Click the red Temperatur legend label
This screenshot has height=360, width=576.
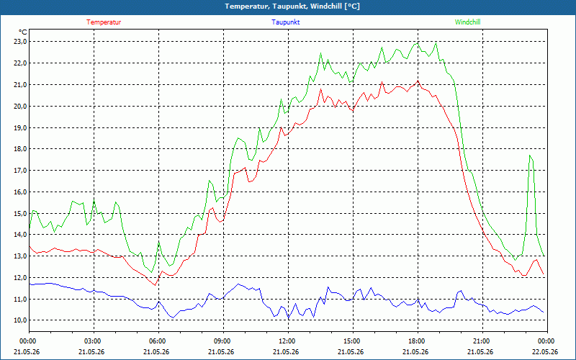104,22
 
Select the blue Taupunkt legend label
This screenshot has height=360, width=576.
285,22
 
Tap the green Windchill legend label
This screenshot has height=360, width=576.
467,22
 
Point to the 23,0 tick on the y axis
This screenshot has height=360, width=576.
20,42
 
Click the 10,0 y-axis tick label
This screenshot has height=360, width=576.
20,320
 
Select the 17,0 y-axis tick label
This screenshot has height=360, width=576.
20,171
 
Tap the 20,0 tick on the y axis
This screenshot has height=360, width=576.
20,106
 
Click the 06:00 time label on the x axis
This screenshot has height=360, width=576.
158,341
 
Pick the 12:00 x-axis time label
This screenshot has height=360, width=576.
289,341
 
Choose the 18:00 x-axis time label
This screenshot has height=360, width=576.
418,341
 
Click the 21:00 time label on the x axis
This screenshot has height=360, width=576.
482,341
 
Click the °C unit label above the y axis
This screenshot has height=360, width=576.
23,32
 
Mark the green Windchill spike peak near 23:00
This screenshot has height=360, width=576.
530,156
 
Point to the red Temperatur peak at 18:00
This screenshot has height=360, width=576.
418,81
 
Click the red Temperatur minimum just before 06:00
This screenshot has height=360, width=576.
156,285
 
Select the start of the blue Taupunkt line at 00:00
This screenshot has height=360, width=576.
30,284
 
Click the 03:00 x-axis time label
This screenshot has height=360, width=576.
94,341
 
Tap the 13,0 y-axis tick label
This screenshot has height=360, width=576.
20,256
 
